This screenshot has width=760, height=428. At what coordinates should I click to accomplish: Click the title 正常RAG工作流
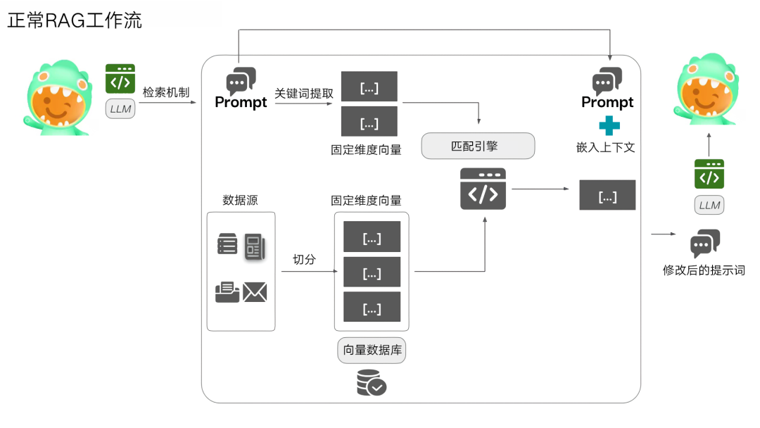click(x=75, y=20)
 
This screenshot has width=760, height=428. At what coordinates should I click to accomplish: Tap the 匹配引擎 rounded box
click(x=478, y=146)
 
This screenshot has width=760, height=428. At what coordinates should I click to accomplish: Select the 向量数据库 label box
click(x=372, y=351)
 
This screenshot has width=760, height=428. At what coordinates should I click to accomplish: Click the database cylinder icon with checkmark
click(x=371, y=382)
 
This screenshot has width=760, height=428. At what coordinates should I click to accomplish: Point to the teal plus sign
click(x=609, y=126)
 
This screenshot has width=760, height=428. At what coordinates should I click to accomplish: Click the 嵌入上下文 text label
click(x=606, y=148)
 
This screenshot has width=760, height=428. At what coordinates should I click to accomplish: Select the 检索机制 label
click(x=166, y=93)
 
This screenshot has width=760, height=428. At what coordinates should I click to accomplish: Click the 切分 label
click(x=304, y=260)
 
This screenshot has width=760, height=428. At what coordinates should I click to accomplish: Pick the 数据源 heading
click(x=240, y=200)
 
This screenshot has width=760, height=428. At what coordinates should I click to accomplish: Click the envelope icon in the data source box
click(x=255, y=292)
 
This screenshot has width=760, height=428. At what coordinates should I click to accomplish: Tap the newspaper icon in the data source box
click(x=254, y=247)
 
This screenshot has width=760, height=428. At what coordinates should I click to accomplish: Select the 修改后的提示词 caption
click(x=704, y=270)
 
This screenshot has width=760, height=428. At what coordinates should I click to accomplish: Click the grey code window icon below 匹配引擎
click(x=483, y=189)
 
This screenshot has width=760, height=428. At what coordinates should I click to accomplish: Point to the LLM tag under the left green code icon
click(x=120, y=109)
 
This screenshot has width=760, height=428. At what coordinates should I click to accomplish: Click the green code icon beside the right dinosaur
click(x=709, y=174)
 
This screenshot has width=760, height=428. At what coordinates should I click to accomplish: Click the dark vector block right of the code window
click(x=607, y=195)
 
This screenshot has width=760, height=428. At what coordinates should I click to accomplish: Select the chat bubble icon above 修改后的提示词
click(x=705, y=244)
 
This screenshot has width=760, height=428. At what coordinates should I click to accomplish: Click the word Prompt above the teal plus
click(x=607, y=103)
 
